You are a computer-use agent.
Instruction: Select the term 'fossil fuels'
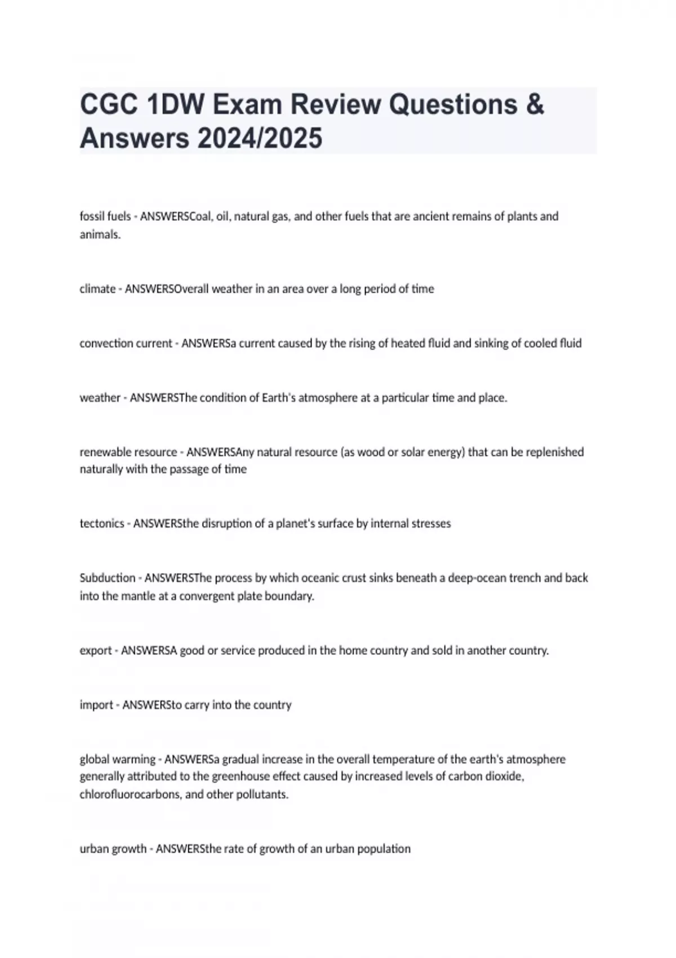point(105,216)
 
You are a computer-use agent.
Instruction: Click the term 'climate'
point(97,289)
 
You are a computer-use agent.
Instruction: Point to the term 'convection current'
point(126,343)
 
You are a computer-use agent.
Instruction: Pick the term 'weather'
point(100,398)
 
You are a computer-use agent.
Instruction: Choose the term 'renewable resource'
point(128,452)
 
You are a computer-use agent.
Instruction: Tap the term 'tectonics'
point(101,524)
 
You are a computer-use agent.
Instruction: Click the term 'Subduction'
point(108,578)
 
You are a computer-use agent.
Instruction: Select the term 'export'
point(96,651)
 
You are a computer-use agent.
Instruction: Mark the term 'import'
point(96,705)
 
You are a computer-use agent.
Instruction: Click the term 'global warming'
point(117,760)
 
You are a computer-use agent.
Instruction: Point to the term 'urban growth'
point(113,849)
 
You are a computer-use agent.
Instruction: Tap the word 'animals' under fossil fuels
point(99,235)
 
